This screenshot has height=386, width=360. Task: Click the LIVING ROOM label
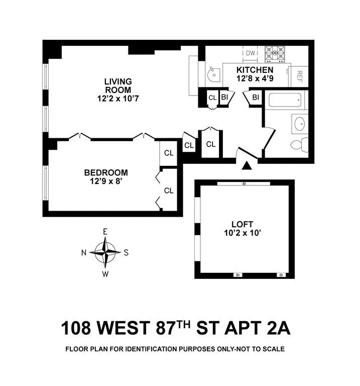(x=118, y=85)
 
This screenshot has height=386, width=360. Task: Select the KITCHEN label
(x=255, y=70)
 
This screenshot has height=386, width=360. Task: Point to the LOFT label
(x=243, y=224)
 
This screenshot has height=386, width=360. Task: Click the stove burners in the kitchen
(x=276, y=53)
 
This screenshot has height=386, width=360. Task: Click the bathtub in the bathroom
(x=286, y=100)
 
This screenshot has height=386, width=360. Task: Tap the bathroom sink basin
(x=300, y=123)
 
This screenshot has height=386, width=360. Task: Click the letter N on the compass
(x=84, y=252)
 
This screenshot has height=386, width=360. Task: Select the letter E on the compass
(x=105, y=232)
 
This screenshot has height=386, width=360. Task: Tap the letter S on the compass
(x=126, y=252)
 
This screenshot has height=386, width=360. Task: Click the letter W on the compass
(x=105, y=274)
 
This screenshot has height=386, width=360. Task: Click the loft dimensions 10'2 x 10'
(x=243, y=233)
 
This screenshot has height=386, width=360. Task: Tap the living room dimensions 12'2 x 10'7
(x=118, y=99)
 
